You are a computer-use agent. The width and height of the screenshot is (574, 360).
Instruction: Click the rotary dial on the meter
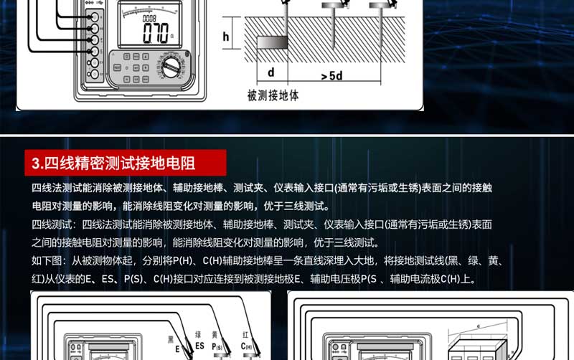[x=171, y=69]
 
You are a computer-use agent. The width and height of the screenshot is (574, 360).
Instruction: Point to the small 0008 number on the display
[x=149, y=18]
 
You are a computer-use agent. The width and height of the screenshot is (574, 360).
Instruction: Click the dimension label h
[x=226, y=36]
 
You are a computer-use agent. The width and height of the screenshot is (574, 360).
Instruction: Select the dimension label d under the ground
[x=271, y=72]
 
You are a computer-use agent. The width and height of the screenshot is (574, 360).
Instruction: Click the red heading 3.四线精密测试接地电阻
[x=125, y=163]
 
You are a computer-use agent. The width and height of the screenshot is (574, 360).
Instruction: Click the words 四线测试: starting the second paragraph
[x=52, y=224]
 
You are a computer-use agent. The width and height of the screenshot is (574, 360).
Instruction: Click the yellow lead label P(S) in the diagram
[x=218, y=346]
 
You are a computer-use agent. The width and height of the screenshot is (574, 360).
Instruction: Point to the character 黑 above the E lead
[x=171, y=338]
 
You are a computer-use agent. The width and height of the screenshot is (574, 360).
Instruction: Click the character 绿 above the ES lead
[x=198, y=334]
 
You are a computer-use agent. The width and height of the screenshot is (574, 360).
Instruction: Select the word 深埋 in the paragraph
[x=331, y=260]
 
